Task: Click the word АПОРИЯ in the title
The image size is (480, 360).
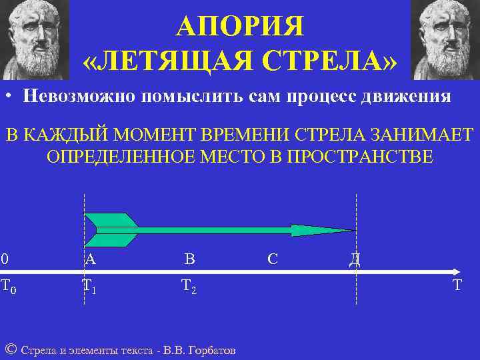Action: coord(239,27)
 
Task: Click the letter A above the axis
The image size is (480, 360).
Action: coord(90,259)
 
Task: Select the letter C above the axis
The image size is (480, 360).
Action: coord(272,259)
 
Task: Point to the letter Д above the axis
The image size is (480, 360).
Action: coord(355,260)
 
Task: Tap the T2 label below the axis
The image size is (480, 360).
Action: coord(189,286)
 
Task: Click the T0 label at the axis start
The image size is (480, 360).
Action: coord(8,286)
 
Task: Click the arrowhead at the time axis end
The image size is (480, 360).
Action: coord(456,272)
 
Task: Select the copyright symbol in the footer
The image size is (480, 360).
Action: coord(11,349)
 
